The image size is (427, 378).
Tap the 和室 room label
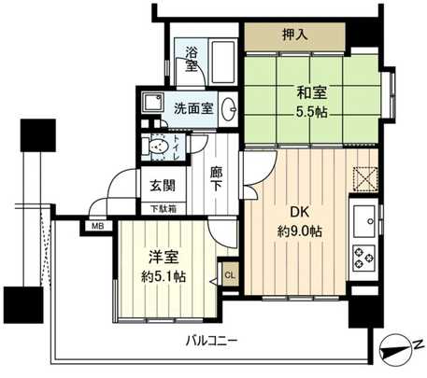coord(313,92)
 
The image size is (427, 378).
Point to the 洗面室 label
coord(192,106)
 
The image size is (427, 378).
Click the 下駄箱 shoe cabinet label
coord(163,208)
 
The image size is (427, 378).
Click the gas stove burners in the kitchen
coord(363,253)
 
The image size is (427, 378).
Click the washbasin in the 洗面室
coord(231,106)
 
